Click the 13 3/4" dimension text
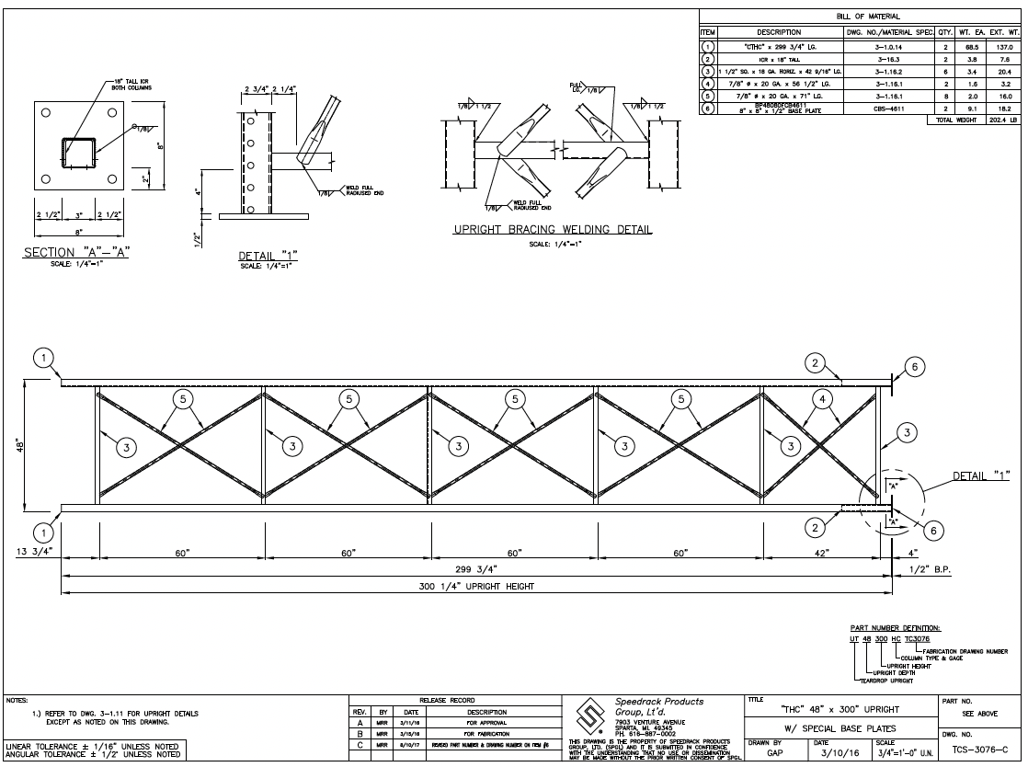(x=35, y=552)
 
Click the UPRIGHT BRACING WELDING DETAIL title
(x=552, y=229)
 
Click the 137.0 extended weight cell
(x=1004, y=44)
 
